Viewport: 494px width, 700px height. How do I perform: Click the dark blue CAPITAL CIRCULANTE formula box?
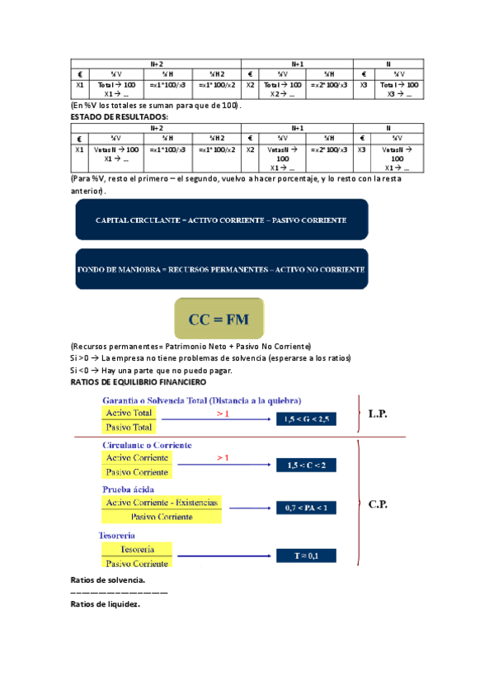pos(222,221)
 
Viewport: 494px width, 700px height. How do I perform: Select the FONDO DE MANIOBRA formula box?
pos(222,269)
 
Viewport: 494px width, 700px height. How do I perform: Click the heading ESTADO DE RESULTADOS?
pos(119,116)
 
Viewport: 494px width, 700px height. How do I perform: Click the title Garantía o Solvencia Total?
pos(201,400)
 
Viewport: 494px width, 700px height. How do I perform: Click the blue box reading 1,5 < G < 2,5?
pos(306,419)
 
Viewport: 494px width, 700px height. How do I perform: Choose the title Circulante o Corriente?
pos(146,445)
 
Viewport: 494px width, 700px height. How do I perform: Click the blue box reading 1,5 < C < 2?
pos(306,465)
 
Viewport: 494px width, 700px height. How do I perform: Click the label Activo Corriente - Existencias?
pos(162,502)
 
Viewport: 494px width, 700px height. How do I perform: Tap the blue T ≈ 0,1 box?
pos(306,556)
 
